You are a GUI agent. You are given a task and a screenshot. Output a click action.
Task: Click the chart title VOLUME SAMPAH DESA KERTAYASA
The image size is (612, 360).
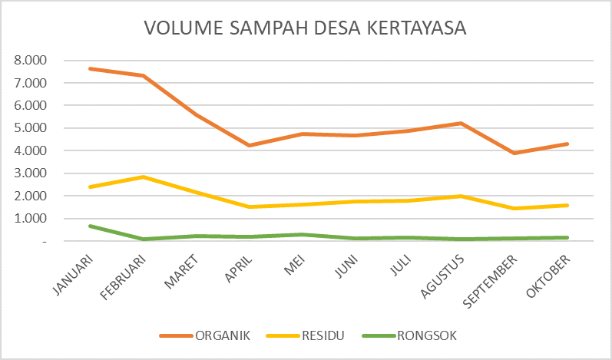(306, 28)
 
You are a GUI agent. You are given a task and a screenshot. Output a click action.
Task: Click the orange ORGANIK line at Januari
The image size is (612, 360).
(91, 68)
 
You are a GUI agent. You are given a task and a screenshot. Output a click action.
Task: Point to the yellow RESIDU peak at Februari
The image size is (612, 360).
(144, 177)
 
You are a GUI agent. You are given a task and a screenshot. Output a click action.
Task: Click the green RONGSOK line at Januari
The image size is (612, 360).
(91, 226)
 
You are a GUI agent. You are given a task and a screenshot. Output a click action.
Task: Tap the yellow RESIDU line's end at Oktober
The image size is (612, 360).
(567, 205)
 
